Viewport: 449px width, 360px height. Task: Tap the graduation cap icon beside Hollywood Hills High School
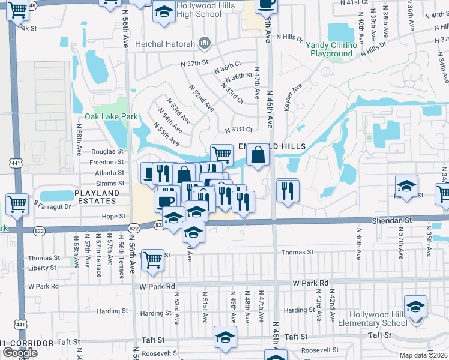[x=163, y=12]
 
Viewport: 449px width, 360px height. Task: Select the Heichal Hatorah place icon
[x=205, y=43]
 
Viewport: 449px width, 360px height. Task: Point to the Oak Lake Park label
[x=111, y=116]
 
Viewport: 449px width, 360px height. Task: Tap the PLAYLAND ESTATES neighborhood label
[x=97, y=193]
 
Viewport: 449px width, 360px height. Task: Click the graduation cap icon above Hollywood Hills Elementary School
[x=415, y=307]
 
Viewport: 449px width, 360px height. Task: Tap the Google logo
[x=20, y=352]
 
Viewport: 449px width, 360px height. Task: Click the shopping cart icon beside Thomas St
[x=154, y=259]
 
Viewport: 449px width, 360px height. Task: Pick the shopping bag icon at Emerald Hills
[x=258, y=155]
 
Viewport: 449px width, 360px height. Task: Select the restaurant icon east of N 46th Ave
[x=288, y=190]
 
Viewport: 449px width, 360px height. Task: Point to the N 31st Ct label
[x=238, y=130]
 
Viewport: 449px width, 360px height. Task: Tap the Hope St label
[x=114, y=216]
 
